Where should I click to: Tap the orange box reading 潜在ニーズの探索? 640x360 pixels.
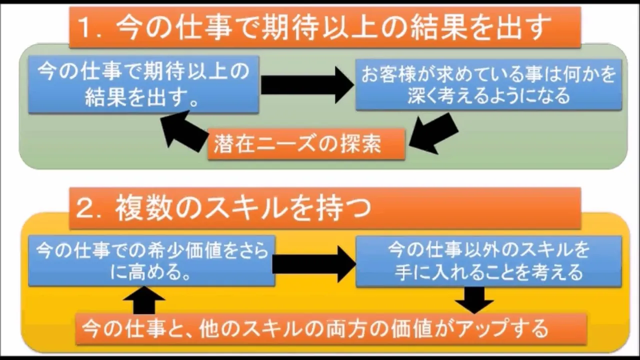306,144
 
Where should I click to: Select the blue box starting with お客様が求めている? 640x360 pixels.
488,84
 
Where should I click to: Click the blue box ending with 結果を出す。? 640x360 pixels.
143,84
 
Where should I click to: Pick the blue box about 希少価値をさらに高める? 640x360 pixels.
151,260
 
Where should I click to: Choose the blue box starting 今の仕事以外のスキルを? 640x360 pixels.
488,261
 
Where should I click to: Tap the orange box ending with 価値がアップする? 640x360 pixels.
331,328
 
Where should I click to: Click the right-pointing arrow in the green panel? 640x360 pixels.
307,85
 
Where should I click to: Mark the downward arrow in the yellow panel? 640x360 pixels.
474,300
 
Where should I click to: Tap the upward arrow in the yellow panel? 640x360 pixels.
144,300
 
